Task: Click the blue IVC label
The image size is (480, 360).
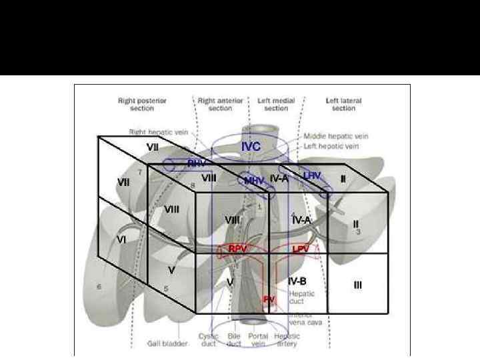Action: pos(251,146)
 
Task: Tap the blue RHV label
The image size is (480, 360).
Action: pos(196,163)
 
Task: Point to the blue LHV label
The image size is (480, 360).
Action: pos(312,175)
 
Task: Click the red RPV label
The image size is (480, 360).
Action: pos(238,248)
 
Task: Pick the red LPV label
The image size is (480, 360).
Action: pos(301,249)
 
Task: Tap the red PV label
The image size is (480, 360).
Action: pos(268,300)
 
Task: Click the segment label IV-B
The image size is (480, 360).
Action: pos(297,281)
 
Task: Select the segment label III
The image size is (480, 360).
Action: pos(358,285)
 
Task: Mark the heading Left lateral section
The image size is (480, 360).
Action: pos(344,104)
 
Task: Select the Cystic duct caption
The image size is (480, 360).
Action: pos(209,339)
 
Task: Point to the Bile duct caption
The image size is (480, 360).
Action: pos(234,339)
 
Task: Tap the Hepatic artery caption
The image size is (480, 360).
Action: pos(287,339)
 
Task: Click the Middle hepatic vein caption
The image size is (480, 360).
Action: pos(339,135)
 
